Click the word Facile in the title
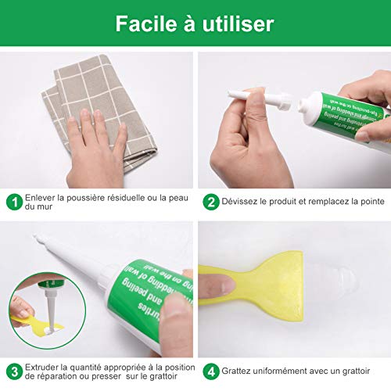[146, 23]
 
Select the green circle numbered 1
[14, 202]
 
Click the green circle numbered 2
[210, 202]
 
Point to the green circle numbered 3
[14, 372]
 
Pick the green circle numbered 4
[210, 372]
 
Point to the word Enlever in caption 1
[41, 198]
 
